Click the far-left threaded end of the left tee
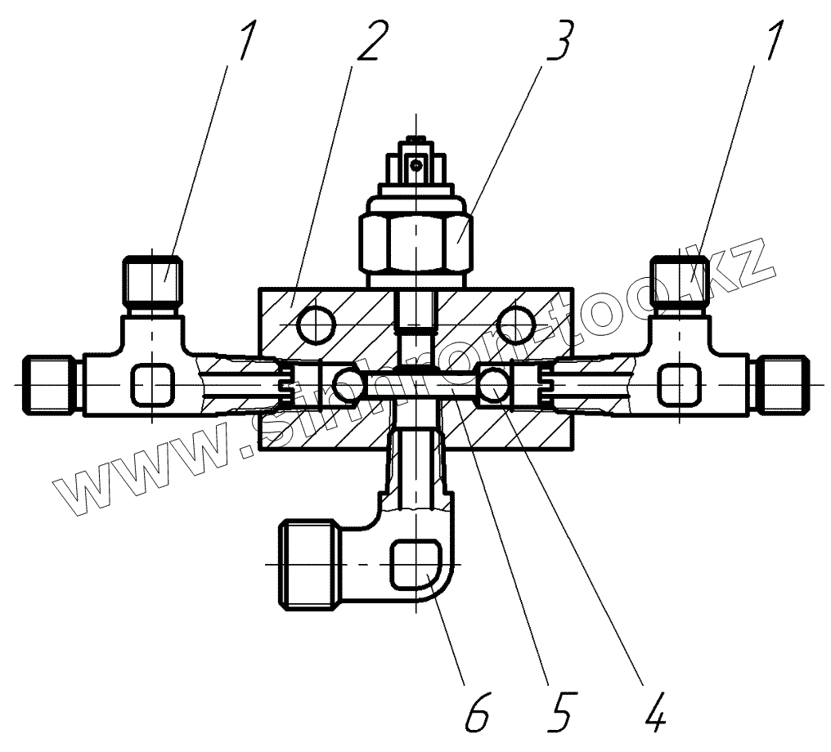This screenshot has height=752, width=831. click(x=51, y=383)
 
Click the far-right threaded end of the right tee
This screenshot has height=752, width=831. click(x=780, y=383)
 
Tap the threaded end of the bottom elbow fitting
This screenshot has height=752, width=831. click(x=304, y=565)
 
